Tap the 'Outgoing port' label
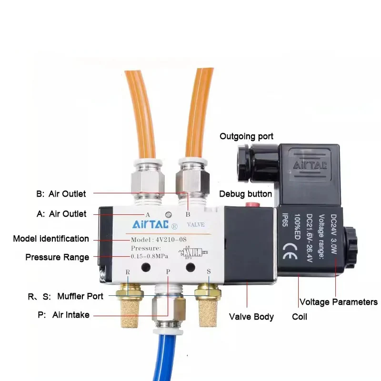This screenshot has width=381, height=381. click(x=246, y=137)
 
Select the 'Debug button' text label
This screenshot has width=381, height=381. click(x=245, y=194)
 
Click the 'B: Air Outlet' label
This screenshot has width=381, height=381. click(x=61, y=193)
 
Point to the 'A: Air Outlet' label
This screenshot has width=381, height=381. click(x=61, y=214)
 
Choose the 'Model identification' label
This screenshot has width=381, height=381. click(x=51, y=239)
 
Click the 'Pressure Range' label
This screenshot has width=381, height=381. click(x=57, y=257)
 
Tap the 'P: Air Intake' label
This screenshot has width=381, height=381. click(x=63, y=315)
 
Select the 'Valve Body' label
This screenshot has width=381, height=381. click(x=251, y=317)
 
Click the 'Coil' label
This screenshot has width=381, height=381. click(x=300, y=317)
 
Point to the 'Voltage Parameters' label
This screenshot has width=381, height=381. click(x=338, y=302)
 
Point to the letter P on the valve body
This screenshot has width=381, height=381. click(x=168, y=271)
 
